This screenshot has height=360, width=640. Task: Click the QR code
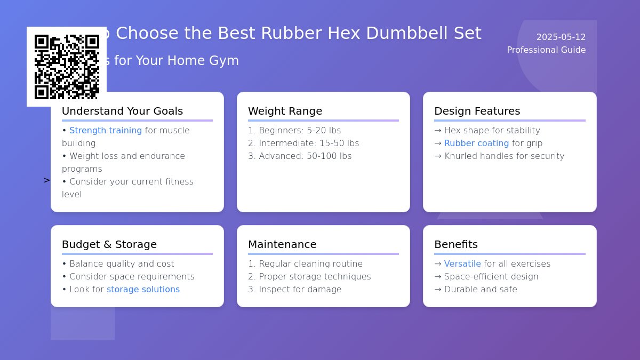tap(67, 67)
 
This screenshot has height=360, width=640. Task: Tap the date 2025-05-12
tap(561, 37)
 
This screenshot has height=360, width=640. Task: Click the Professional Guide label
tap(546, 50)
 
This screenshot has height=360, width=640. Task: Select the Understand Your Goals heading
tap(122, 111)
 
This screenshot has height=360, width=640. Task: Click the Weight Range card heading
tap(285, 111)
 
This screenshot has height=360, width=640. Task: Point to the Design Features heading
tap(477, 111)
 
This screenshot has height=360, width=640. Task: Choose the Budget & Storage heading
tap(109, 245)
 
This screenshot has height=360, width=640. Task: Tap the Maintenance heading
tap(282, 245)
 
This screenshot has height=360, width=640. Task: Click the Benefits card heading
tap(456, 245)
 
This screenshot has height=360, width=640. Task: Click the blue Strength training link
tap(106, 131)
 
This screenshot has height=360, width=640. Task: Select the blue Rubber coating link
tap(476, 143)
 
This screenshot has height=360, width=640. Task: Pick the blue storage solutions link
tap(143, 290)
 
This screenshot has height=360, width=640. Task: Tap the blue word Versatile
tap(462, 264)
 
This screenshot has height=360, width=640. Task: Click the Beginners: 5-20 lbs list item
tap(294, 131)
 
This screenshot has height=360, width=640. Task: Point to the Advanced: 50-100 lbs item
tap(300, 156)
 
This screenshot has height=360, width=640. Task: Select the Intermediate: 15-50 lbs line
tap(303, 143)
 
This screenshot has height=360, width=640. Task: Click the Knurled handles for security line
tap(499, 156)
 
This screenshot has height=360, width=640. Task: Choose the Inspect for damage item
tap(294, 290)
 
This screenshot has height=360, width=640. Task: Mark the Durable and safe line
tap(475, 290)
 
